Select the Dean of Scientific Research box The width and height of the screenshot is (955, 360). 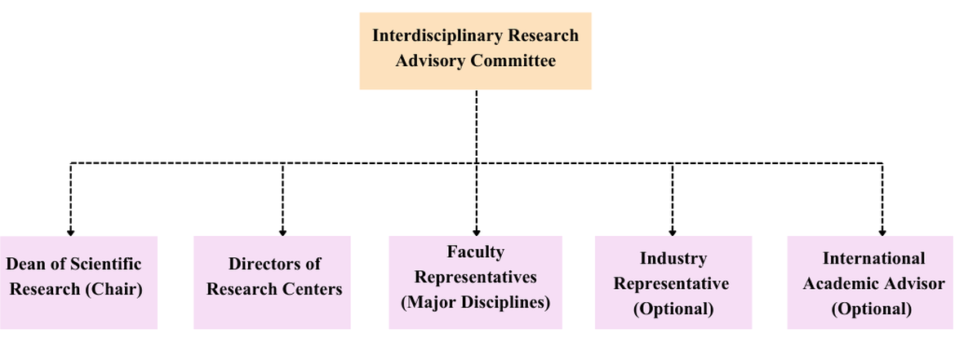coord(78,282)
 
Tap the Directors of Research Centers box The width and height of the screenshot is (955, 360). coord(272,282)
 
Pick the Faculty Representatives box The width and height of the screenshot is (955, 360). coord(475,282)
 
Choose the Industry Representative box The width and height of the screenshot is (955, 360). coord(672,282)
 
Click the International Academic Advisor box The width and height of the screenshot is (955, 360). coord(870,282)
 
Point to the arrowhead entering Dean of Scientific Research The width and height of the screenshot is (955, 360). coord(71,233)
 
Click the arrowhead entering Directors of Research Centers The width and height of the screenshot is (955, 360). coord(282,233)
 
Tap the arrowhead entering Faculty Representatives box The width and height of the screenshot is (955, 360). coord(476,233)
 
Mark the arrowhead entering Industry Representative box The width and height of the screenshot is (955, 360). coord(672,233)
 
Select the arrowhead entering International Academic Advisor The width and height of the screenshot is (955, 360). coord(882,233)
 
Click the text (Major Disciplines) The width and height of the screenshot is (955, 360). coord(475,302)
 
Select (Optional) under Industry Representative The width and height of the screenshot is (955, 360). coord(672,309)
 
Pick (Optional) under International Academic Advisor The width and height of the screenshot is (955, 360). coord(871,309)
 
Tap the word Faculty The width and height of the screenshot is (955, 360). coord(475,251)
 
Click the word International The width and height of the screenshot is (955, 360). coord(873,259)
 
